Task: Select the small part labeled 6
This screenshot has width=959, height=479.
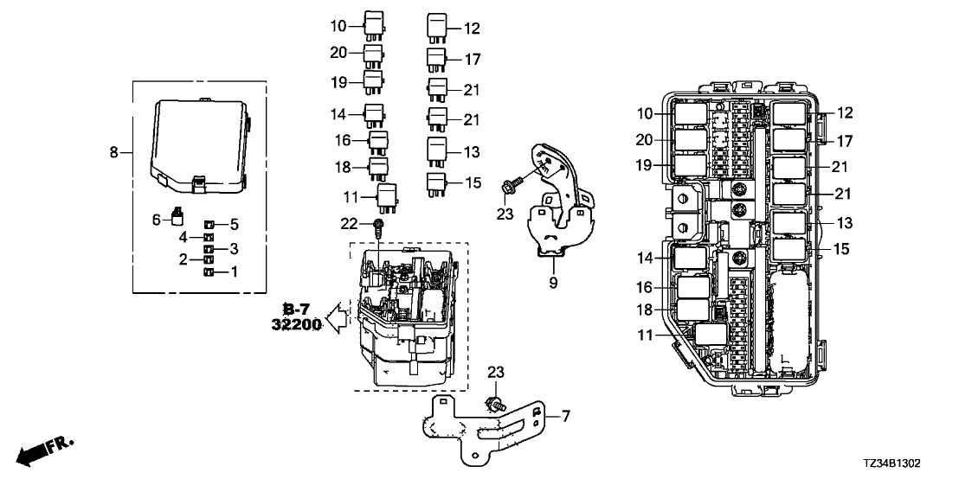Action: coord(177,216)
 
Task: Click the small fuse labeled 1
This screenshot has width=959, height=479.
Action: coord(208,273)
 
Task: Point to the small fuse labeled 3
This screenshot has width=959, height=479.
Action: coord(208,249)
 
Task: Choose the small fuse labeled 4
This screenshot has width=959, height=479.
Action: coord(208,237)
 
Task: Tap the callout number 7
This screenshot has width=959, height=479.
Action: coord(566,418)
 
